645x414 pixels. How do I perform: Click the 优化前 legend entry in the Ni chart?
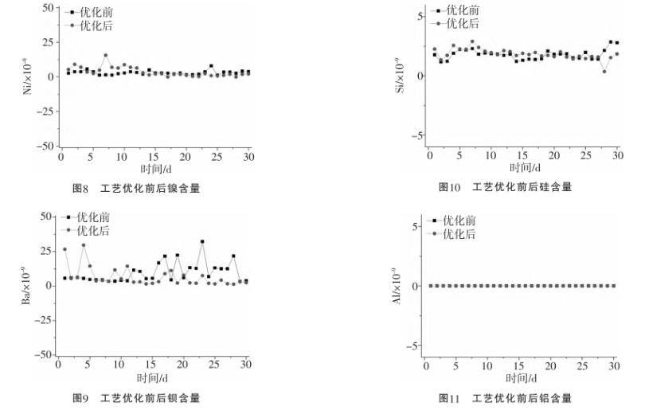click(x=90, y=13)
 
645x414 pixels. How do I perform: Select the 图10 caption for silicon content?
click(x=506, y=186)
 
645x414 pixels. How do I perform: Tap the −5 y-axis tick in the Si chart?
click(x=415, y=136)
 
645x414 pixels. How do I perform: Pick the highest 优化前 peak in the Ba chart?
click(x=202, y=241)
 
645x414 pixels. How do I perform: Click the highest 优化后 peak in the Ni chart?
click(x=105, y=56)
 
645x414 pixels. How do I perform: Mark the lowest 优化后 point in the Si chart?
click(x=604, y=72)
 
